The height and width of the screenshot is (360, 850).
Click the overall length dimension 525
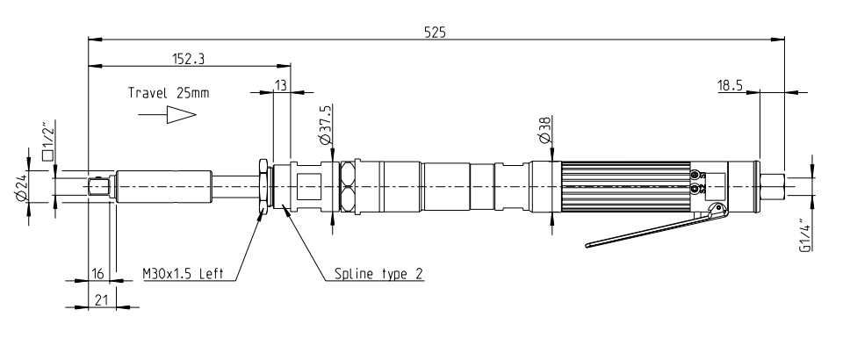[436, 31]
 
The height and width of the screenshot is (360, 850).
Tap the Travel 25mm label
[169, 92]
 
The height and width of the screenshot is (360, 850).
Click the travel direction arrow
[182, 115]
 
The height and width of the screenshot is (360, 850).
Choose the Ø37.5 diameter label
[326, 125]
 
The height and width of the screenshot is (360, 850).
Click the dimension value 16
[97, 274]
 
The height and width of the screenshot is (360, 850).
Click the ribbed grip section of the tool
[623, 185]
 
